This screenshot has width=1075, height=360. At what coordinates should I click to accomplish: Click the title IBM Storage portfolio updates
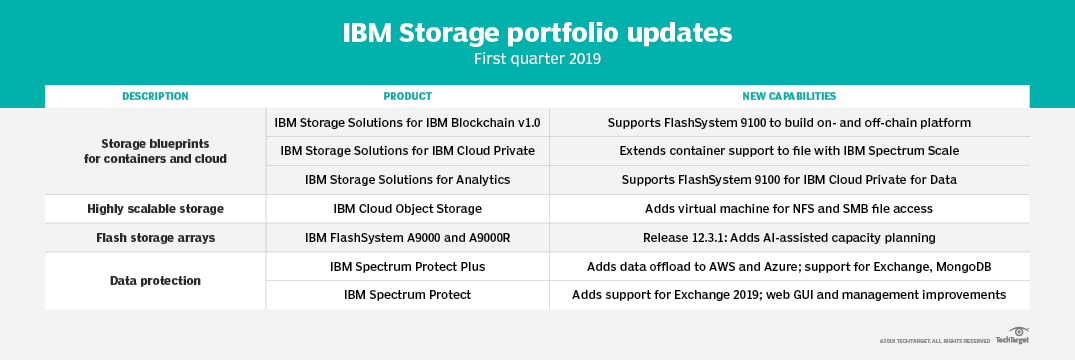537,32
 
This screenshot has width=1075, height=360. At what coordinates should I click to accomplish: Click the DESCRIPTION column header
155,96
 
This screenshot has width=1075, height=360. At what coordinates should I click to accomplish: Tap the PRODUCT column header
407,96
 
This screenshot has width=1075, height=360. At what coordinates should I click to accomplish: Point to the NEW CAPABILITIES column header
789,96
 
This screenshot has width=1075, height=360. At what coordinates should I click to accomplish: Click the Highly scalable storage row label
155,209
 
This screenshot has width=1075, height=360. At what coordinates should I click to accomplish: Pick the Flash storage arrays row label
155,238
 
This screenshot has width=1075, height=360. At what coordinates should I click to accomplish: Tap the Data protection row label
155,281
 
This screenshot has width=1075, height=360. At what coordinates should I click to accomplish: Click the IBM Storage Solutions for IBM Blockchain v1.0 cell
407,123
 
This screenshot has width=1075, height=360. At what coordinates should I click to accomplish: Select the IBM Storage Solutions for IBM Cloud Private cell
407,151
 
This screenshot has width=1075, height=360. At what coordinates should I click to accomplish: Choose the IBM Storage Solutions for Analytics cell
407,180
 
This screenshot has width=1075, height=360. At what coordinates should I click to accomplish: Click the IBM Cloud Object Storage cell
407,209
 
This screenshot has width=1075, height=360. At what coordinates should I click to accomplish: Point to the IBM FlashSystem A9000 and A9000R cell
407,238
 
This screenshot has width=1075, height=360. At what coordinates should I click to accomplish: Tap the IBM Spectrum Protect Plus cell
407,267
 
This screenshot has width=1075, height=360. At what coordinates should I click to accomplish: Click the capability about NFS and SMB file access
789,209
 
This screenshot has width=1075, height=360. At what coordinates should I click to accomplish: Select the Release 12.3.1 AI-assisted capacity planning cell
789,238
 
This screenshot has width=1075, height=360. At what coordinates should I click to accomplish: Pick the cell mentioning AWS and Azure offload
789,267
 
